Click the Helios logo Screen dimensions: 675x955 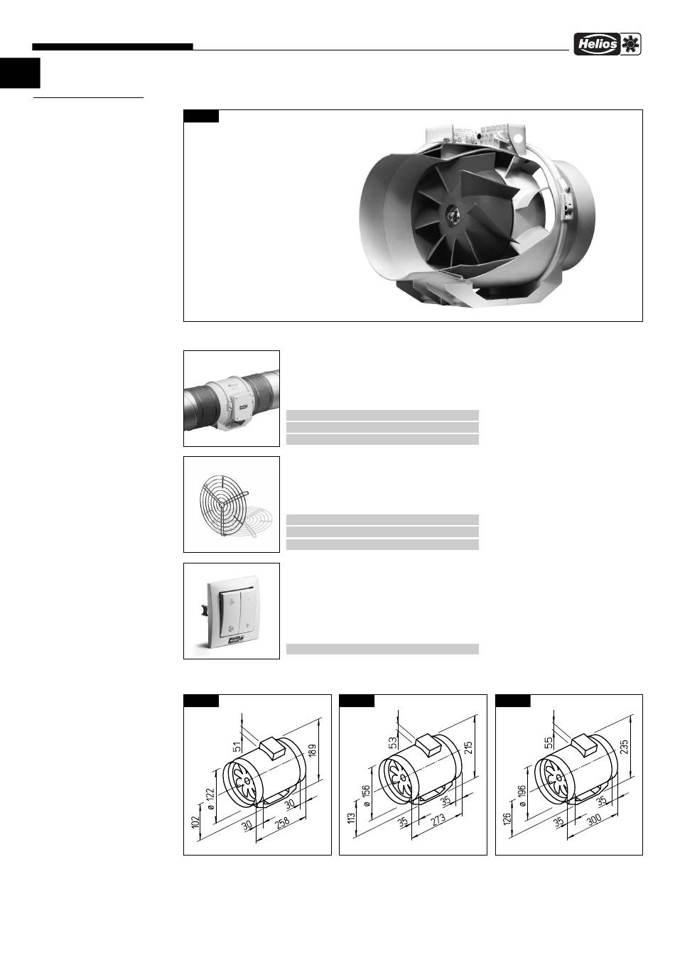coord(607,44)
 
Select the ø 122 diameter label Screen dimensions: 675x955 coord(210,799)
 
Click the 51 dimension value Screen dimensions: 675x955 coord(237,746)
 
